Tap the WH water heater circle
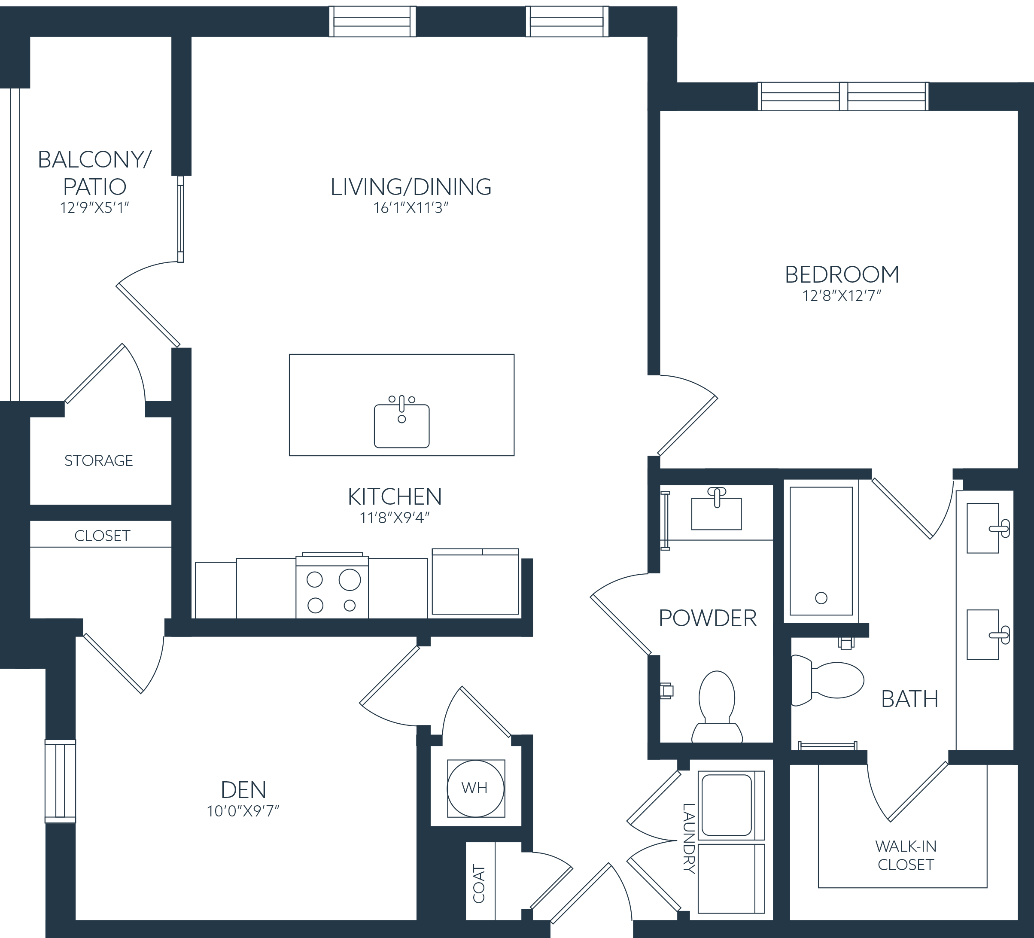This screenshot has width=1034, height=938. [x=475, y=788]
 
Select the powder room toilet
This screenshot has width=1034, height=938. [x=717, y=707]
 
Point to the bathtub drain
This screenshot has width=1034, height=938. [x=821, y=598]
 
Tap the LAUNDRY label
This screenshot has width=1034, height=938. [x=689, y=838]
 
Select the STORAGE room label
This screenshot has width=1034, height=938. [x=98, y=461]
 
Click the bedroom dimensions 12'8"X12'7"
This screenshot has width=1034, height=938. [x=842, y=296]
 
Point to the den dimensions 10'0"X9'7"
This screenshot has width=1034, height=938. [x=243, y=811]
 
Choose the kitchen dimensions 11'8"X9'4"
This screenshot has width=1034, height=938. [x=395, y=518]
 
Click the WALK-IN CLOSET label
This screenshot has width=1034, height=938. [x=906, y=856]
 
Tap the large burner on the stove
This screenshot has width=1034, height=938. [x=350, y=580]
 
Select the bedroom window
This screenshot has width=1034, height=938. [x=842, y=97]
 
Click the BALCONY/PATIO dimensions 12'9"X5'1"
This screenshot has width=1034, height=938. [x=94, y=208]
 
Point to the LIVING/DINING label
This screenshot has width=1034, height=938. [x=411, y=187]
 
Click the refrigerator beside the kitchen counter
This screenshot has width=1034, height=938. [x=475, y=582]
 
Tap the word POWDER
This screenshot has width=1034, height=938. [x=708, y=618]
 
